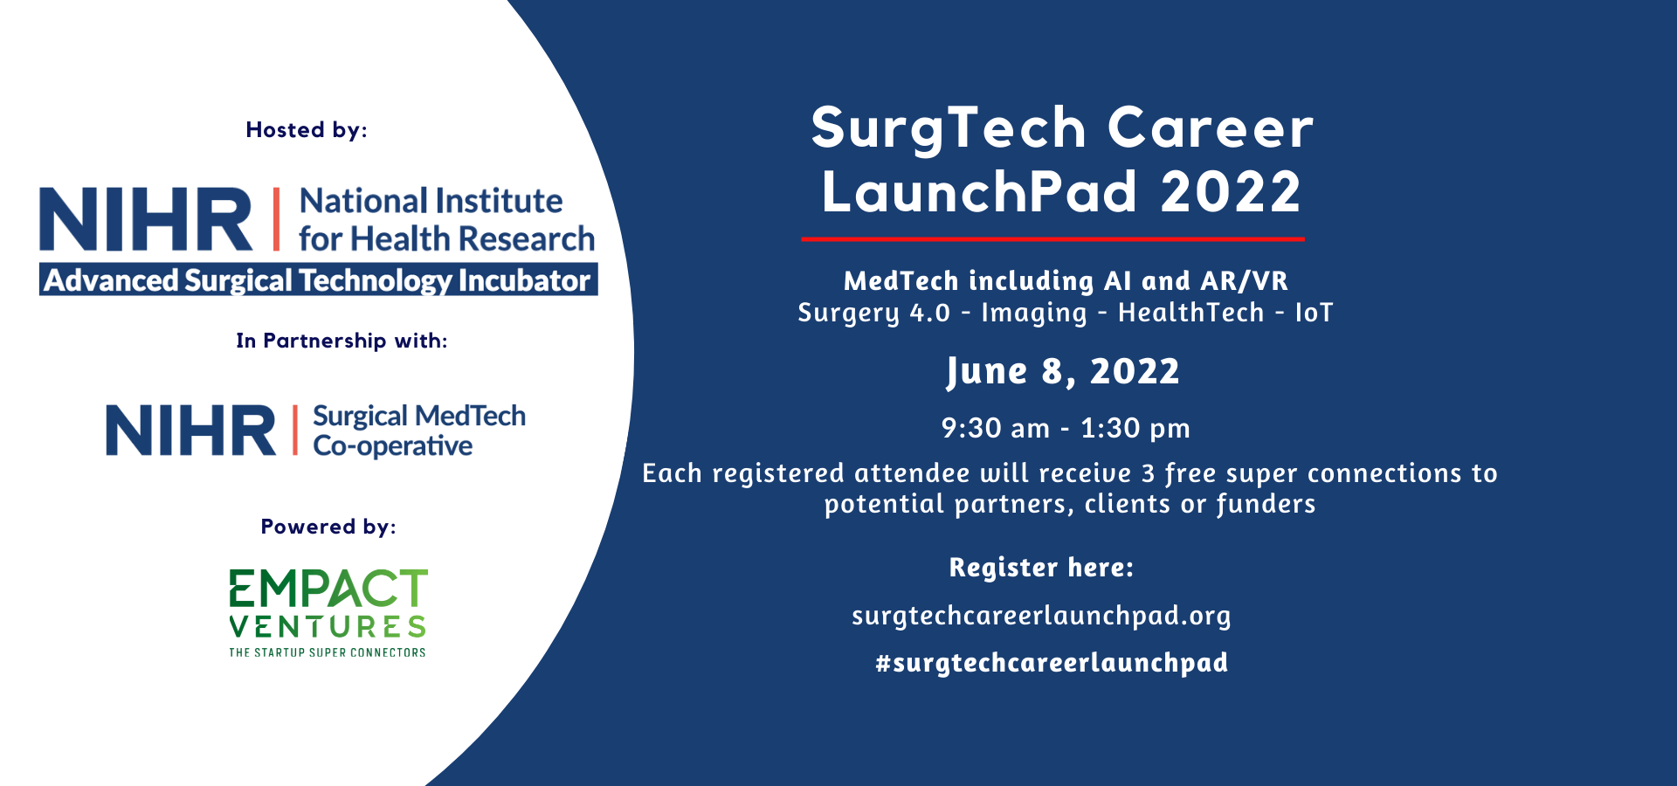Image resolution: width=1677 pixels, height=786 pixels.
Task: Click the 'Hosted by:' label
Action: pyautogui.click(x=307, y=130)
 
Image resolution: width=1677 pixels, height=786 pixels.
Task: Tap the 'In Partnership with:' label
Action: pyautogui.click(x=342, y=341)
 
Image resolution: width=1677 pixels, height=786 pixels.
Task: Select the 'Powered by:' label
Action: pyautogui.click(x=328, y=527)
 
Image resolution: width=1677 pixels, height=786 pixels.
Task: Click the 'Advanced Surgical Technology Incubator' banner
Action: pyautogui.click(x=319, y=280)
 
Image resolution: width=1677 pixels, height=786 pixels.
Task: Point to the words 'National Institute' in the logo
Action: pyautogui.click(x=431, y=201)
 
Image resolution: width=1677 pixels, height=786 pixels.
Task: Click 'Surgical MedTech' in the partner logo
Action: pyautogui.click(x=419, y=416)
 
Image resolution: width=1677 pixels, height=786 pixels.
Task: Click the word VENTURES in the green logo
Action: pyautogui.click(x=328, y=627)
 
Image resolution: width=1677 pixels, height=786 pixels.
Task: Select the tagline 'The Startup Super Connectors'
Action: pyautogui.click(x=328, y=652)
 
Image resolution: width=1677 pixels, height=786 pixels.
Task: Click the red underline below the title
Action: pyautogui.click(x=1052, y=238)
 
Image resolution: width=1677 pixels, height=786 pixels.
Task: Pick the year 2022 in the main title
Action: pyautogui.click(x=1231, y=192)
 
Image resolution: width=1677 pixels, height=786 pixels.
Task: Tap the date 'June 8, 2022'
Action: pyautogui.click(x=1063, y=372)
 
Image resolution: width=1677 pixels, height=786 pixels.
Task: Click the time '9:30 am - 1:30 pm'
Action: pyautogui.click(x=1066, y=428)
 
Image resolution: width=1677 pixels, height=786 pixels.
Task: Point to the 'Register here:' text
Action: pyautogui.click(x=1041, y=568)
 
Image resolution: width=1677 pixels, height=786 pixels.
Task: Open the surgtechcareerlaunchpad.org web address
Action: pyautogui.click(x=1041, y=616)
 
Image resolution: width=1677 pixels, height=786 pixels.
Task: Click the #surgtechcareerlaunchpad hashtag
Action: pyautogui.click(x=1052, y=663)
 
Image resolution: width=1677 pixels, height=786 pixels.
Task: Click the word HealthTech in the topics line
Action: pyautogui.click(x=1191, y=313)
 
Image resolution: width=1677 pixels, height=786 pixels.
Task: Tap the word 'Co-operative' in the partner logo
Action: pyautogui.click(x=393, y=446)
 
